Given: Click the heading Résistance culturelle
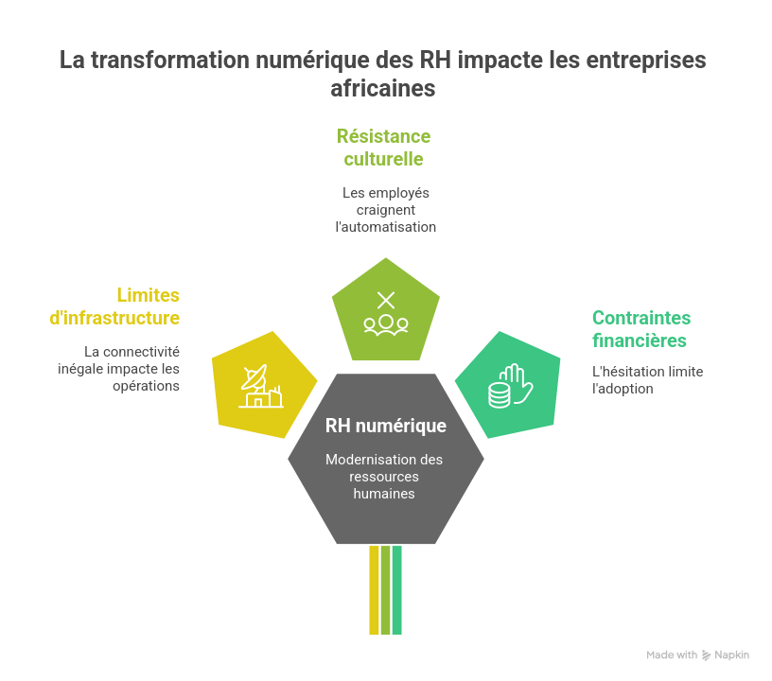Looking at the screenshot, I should coord(384,148).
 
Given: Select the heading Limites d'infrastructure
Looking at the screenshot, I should coord(114,306).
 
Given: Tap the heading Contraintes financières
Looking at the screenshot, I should coord(641,328).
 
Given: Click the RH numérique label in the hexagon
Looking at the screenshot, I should coord(386,426).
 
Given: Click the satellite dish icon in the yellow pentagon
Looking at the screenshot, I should coord(259,386).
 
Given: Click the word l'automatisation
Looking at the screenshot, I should coord(386,227).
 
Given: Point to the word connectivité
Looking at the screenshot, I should coord(149,352).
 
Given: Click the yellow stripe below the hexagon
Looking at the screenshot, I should coord(374,590).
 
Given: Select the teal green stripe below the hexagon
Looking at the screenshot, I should coord(398,590).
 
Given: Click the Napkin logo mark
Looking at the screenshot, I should coord(706,655).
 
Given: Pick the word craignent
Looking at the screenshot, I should coord(386,209).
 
